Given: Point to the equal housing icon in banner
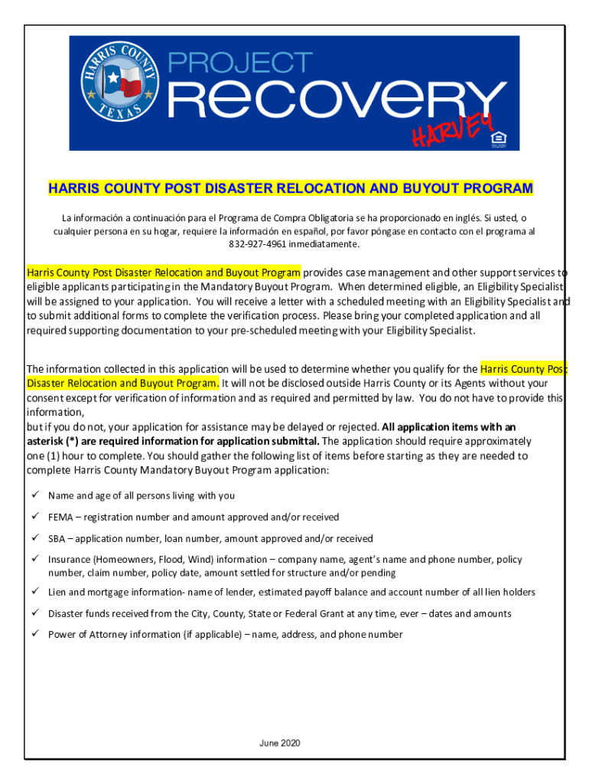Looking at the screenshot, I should pyautogui.click(x=501, y=138).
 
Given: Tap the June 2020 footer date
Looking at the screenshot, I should pyautogui.click(x=280, y=743).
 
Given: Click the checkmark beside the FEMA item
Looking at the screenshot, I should pyautogui.click(x=34, y=517).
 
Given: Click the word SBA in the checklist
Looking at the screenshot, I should pyautogui.click(x=57, y=539).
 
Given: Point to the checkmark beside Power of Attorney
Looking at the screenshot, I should pyautogui.click(x=34, y=634).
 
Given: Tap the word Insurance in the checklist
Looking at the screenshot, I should pyautogui.click(x=69, y=560).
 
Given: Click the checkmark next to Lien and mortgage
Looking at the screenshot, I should pyautogui.click(x=34, y=592).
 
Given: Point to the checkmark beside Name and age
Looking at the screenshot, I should pyautogui.click(x=34, y=495).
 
